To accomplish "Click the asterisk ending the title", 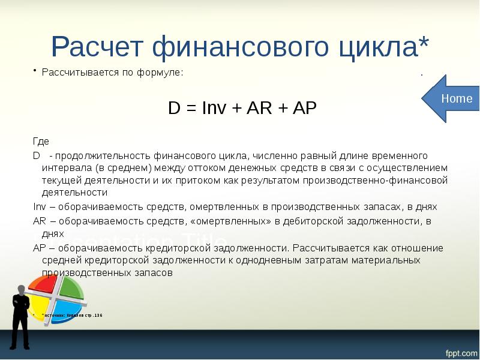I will pos(424,43).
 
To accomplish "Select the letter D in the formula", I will pos(174,108).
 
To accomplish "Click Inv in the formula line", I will pos(214,108).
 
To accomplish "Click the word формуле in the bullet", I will pos(163,73).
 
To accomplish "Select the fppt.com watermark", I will pos(459,350).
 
